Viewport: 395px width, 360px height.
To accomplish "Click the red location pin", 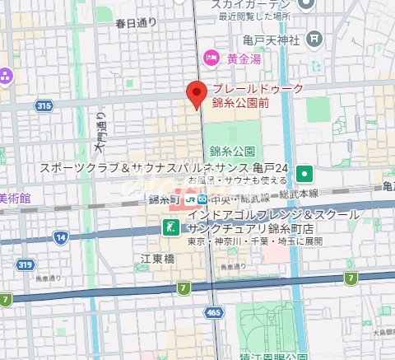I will tap(195, 95).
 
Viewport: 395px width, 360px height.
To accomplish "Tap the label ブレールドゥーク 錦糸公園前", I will tap(258, 96).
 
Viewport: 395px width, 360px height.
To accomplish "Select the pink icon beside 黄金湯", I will tap(211, 57).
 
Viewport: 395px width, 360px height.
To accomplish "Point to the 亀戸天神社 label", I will tap(270, 39).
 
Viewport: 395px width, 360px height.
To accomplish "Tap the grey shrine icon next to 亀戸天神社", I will tap(314, 39).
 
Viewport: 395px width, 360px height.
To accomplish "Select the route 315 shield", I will tap(44, 105).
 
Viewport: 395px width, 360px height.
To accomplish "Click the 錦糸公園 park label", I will tap(232, 152).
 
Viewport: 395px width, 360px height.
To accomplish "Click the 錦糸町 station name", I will tap(165, 199).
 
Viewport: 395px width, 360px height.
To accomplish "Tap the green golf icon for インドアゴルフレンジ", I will tap(169, 227).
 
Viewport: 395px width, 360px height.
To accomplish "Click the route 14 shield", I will tap(61, 237).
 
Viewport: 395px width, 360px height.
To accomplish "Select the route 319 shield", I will tap(25, 264).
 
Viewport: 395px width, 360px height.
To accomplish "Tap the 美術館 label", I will tap(15, 199).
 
